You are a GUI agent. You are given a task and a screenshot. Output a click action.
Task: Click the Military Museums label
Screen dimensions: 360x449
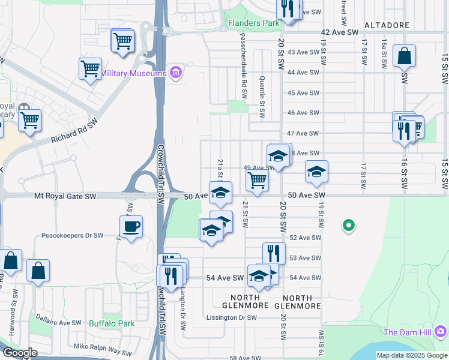tap(133, 73)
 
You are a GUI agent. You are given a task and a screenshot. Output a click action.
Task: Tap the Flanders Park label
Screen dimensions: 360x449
tap(254, 23)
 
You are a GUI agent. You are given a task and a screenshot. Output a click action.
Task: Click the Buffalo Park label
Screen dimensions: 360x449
tap(112, 323)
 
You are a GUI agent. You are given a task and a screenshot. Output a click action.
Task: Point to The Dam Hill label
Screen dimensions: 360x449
tap(409, 332)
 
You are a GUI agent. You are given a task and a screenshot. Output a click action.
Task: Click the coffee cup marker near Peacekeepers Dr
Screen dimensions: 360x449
tap(131, 227)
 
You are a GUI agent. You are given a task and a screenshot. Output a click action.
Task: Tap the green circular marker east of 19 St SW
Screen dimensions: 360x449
tap(348, 226)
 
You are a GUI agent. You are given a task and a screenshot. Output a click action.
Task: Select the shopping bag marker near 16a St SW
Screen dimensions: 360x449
tap(405, 56)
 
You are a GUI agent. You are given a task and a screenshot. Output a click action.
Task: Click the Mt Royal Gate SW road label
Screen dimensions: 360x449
tap(65, 196)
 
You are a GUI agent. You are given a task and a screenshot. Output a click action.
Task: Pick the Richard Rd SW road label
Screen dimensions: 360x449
tap(75, 132)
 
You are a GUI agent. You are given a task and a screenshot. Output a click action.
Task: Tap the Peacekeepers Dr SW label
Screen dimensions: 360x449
tap(72, 236)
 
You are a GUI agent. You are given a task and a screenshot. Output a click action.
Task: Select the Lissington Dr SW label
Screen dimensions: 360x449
tap(231, 317)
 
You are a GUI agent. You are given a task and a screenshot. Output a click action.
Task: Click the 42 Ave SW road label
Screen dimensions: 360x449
tap(340, 32)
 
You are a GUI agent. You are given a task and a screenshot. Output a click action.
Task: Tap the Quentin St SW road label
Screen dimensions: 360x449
tap(262, 96)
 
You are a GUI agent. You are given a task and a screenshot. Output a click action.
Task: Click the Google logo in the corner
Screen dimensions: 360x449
tap(20, 353)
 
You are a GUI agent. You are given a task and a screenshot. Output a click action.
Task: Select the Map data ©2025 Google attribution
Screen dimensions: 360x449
tap(411, 355)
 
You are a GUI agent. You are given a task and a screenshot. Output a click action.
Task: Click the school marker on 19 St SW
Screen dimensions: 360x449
tap(316, 172)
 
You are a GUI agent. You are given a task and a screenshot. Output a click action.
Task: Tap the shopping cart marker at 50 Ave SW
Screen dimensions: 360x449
tap(257, 180)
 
